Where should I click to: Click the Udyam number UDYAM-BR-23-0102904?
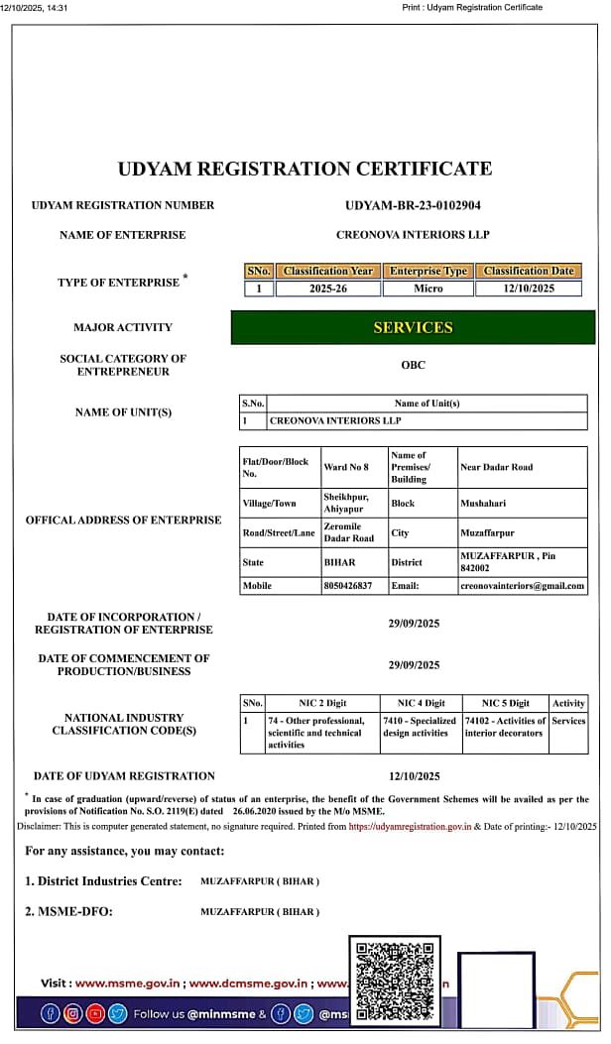[413, 205]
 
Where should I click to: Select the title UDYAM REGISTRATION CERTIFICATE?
[305, 169]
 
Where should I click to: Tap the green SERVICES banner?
[413, 327]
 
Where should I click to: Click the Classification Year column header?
[328, 271]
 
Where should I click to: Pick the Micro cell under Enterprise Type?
[428, 289]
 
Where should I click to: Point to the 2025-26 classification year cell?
[328, 289]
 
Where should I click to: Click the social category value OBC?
[413, 365]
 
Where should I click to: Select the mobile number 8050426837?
[347, 586]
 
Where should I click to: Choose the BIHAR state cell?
[339, 562]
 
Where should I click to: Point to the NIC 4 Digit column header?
[421, 703]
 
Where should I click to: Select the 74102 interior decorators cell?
[505, 727]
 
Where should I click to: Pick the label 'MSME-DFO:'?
[68, 912]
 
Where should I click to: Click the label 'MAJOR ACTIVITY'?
[123, 327]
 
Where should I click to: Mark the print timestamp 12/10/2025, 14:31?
[34, 7]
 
